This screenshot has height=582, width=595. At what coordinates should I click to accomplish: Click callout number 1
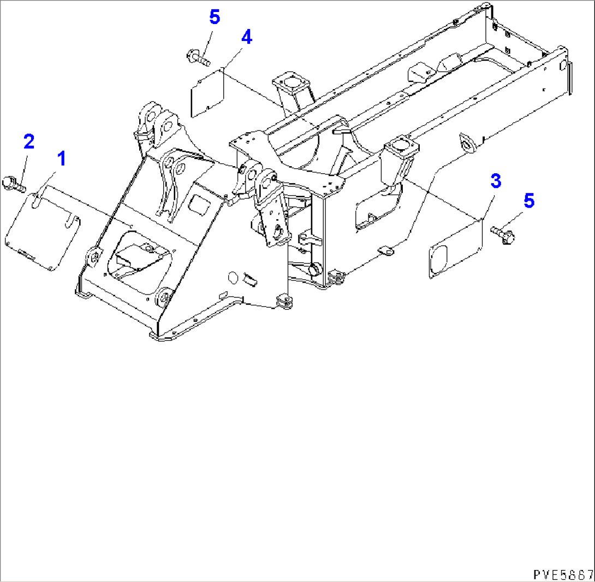point(62,158)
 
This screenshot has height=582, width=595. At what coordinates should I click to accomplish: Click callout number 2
point(29,142)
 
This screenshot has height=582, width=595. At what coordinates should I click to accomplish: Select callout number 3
point(496,181)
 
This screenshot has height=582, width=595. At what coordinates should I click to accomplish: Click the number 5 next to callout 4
point(215,17)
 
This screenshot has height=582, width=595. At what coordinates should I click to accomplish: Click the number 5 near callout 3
point(529,201)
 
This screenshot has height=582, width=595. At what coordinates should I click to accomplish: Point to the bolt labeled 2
point(13,183)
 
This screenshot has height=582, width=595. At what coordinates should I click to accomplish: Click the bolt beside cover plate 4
point(198,58)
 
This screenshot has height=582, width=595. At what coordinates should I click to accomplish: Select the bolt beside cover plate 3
point(503,234)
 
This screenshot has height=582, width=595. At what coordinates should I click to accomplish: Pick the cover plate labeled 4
point(207,92)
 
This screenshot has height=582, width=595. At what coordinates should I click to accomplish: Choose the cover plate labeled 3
point(455,248)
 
